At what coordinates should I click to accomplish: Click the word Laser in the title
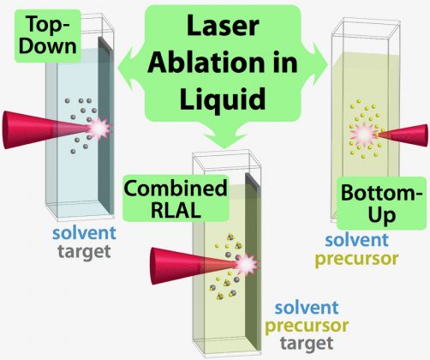(x=223, y=26)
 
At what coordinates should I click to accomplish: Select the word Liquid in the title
(x=223, y=99)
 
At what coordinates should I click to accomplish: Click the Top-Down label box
(x=48, y=36)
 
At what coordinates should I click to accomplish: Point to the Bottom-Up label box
(x=381, y=203)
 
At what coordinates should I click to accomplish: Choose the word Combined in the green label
(x=176, y=189)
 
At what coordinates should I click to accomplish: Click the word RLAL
(x=176, y=211)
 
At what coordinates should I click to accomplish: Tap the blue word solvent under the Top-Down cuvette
(x=84, y=233)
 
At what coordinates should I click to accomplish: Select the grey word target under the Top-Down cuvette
(x=84, y=252)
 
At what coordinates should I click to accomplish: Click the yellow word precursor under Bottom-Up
(x=356, y=259)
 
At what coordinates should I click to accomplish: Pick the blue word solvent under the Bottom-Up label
(x=357, y=240)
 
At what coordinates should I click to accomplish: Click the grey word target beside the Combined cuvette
(x=307, y=343)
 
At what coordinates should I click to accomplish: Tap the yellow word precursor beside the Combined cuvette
(x=307, y=326)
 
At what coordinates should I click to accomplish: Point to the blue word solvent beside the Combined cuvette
(x=307, y=308)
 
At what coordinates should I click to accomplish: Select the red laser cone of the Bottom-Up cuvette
(x=403, y=135)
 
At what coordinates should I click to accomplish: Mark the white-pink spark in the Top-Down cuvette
(x=99, y=129)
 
